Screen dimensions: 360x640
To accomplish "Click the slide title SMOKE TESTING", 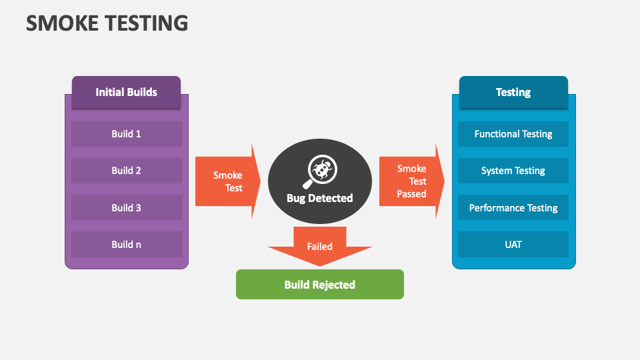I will click(107, 23).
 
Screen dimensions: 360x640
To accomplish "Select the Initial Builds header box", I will click(126, 92).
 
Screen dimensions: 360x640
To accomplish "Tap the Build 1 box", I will click(126, 133).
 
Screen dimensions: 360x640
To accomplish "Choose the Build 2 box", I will click(126, 170).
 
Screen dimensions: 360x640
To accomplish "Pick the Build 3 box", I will click(126, 207).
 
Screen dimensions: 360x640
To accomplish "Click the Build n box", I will click(126, 244).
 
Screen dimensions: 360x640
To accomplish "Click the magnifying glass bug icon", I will click(321, 172).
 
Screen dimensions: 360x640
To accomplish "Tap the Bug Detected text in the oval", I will click(319, 198).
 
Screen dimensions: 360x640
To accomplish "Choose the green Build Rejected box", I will click(319, 285).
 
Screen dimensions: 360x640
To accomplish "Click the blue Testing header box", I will click(513, 92).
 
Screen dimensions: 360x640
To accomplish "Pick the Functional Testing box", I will click(513, 133).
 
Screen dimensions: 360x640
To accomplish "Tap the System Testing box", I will click(513, 171).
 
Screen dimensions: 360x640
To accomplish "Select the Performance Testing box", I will click(513, 207).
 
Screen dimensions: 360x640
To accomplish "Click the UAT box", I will click(513, 244).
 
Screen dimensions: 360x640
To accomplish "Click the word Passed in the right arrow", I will click(411, 194).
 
